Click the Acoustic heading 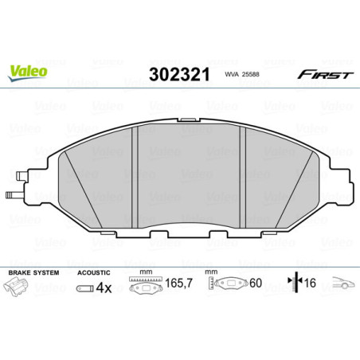pyautogui.click(x=92, y=272)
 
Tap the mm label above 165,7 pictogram pyautogui.click(x=144, y=272)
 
